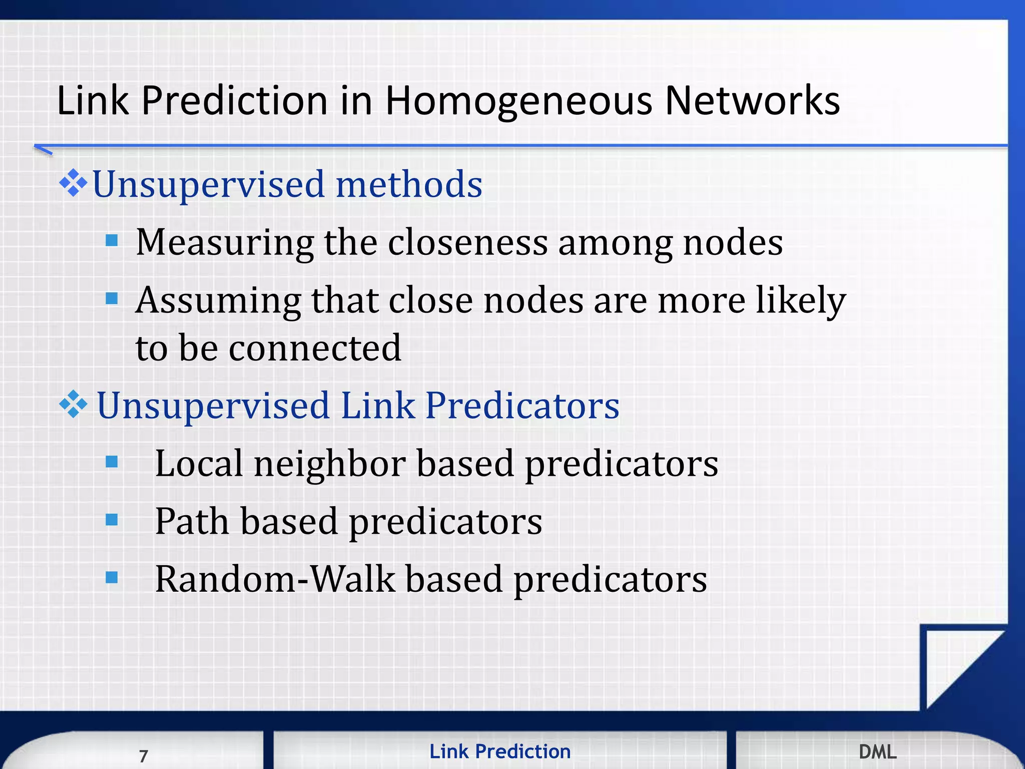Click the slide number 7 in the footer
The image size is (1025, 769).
pyautogui.click(x=144, y=755)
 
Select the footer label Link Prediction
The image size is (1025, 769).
pyautogui.click(x=499, y=751)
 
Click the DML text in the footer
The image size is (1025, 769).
pyautogui.click(x=877, y=751)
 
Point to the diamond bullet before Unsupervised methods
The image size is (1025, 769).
pyautogui.click(x=73, y=183)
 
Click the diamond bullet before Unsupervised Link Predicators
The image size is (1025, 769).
pyautogui.click(x=73, y=404)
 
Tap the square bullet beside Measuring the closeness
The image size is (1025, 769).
pyautogui.click(x=112, y=241)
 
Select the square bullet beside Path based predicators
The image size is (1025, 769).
pyautogui.click(x=112, y=520)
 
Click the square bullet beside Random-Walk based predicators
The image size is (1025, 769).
pyautogui.click(x=112, y=578)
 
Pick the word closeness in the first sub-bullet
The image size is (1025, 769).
pyautogui.click(x=467, y=243)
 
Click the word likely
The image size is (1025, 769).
pyautogui.click(x=800, y=301)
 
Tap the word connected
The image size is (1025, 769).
pyautogui.click(x=315, y=348)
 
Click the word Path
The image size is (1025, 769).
pyautogui.click(x=192, y=522)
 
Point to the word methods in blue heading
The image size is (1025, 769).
pyautogui.click(x=408, y=184)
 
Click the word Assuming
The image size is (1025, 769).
pyautogui.click(x=218, y=301)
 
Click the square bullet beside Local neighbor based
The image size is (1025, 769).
pyautogui.click(x=112, y=462)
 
